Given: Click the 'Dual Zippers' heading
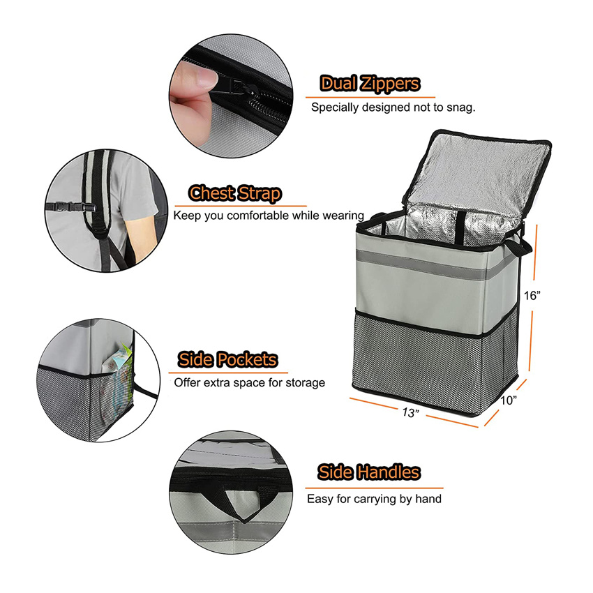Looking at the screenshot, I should pos(370,84).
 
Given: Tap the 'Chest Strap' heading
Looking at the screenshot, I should pos(236,193).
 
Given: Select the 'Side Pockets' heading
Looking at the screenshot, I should pos(227,360).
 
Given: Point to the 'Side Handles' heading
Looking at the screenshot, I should pos(369,472).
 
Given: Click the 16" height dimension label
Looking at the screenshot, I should pos(533,295).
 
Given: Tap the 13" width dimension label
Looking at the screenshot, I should pos(410,412).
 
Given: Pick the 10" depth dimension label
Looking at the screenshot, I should pos(508,400).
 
